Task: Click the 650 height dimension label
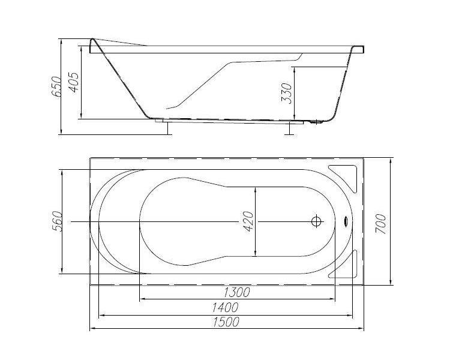(56, 86)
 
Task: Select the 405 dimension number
(73, 82)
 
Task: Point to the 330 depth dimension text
(286, 93)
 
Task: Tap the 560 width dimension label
(56, 221)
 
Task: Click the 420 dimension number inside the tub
(248, 221)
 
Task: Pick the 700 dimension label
(381, 224)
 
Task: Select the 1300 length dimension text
(236, 292)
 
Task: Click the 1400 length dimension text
(225, 307)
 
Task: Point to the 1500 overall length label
(226, 322)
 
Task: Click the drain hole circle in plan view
(316, 221)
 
